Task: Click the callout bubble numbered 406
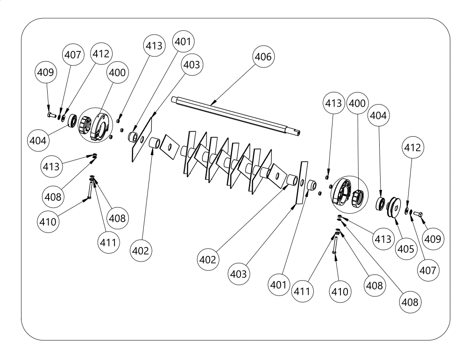pyautogui.click(x=263, y=56)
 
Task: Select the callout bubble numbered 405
pyautogui.click(x=406, y=248)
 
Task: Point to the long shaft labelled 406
pyautogui.click(x=236, y=116)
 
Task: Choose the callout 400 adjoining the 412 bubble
pyautogui.click(x=117, y=72)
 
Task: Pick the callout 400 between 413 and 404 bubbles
pyautogui.click(x=357, y=103)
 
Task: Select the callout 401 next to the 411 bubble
pyautogui.click(x=278, y=285)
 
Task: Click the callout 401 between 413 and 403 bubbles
pyautogui.click(x=183, y=42)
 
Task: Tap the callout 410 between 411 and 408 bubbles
pyautogui.click(x=340, y=291)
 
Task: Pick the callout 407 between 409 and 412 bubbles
pyautogui.click(x=73, y=55)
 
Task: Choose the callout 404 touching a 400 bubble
pyautogui.click(x=378, y=115)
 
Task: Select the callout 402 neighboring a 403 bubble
pyautogui.click(x=208, y=260)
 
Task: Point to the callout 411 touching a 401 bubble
pyautogui.click(x=302, y=291)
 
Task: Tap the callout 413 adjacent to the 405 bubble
pyautogui.click(x=383, y=239)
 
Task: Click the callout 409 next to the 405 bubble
pyautogui.click(x=432, y=239)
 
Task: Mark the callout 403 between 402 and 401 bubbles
pyautogui.click(x=239, y=274)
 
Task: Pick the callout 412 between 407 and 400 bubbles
pyautogui.click(x=101, y=54)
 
